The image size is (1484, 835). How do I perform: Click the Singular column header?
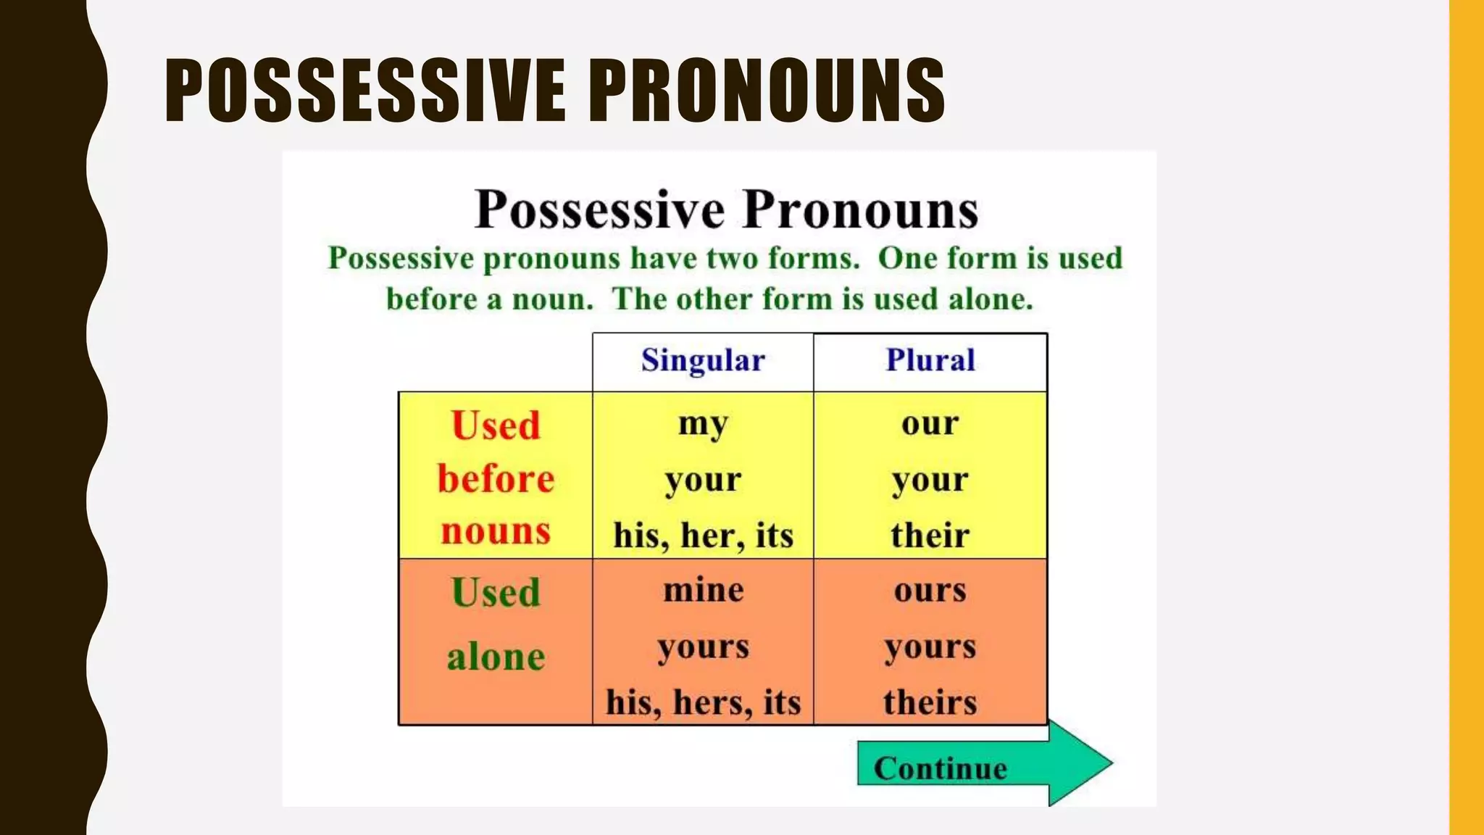[x=703, y=360]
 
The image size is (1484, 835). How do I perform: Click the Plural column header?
[x=930, y=360]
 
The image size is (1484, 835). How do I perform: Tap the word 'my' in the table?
[x=703, y=424]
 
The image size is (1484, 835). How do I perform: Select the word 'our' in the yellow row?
[x=930, y=423]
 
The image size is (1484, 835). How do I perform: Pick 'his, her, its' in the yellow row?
[x=703, y=536]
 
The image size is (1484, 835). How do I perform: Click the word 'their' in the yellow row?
[x=930, y=536]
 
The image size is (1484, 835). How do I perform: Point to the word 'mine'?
[x=703, y=590]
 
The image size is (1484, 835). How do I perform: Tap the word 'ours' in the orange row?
[x=930, y=590]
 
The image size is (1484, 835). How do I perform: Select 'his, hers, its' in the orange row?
[x=703, y=702]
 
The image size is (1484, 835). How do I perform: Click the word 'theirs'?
[x=930, y=702]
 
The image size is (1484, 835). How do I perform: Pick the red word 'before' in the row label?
[x=496, y=479]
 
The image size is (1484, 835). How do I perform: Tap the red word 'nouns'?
[x=496, y=531]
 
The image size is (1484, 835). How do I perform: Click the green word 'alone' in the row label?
[x=496, y=657]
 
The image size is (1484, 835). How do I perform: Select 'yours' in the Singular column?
[x=703, y=647]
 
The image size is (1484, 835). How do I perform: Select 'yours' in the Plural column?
[x=930, y=647]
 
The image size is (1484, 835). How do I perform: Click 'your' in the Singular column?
[x=703, y=480]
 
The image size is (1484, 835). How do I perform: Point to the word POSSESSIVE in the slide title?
[x=364, y=91]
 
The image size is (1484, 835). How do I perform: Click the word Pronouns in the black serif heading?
[x=860, y=210]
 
